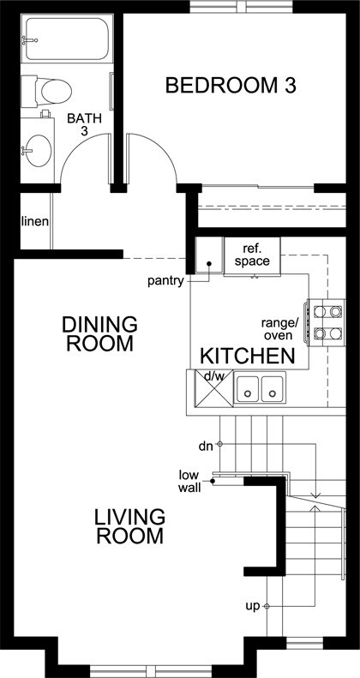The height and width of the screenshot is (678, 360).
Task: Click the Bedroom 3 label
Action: (x=231, y=85)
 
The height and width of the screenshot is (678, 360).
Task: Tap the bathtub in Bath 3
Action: (x=67, y=38)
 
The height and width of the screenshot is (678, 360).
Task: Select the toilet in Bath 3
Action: (x=46, y=91)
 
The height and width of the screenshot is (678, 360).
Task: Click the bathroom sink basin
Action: (x=38, y=151)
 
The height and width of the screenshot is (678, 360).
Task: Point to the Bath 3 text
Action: (x=85, y=124)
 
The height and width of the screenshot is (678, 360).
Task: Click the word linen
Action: (x=35, y=221)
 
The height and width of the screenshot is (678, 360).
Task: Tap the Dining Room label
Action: (x=99, y=333)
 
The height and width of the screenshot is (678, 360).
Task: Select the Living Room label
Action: (x=129, y=526)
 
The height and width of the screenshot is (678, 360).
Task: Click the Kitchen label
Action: (x=248, y=356)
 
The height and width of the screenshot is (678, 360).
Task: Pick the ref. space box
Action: (x=252, y=256)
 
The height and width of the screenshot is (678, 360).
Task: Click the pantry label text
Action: (x=166, y=281)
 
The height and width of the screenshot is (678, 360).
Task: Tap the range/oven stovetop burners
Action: (x=327, y=322)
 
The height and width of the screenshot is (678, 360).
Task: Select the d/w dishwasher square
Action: (x=214, y=389)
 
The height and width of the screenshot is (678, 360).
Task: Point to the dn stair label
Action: (x=207, y=447)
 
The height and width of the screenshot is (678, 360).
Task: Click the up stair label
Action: (x=253, y=607)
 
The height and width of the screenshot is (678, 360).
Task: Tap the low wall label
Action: (x=189, y=481)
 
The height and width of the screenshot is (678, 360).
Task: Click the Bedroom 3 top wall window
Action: (x=242, y=7)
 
